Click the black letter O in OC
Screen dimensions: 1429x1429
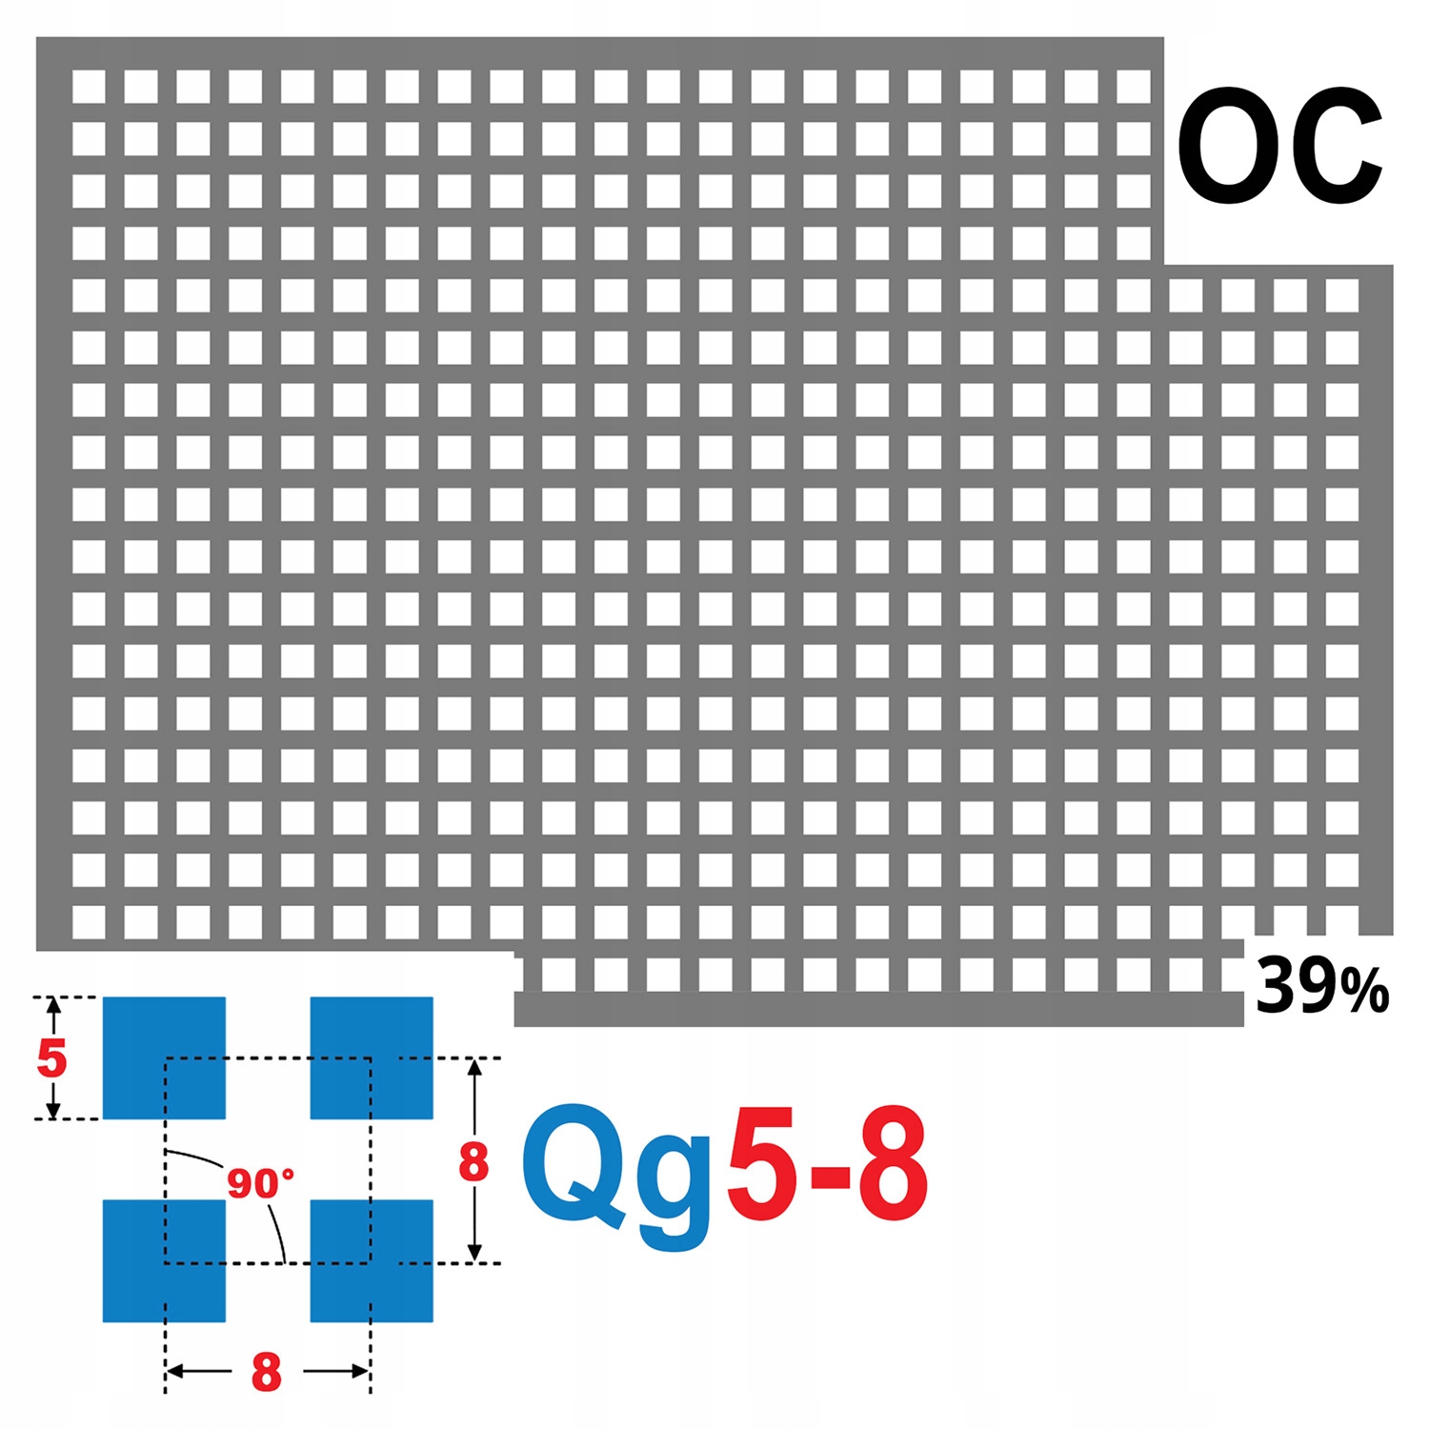point(1228,146)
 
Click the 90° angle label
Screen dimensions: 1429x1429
point(260,1184)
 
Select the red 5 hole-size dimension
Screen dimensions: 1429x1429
point(51,1058)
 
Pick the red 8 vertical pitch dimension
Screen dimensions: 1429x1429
point(473,1162)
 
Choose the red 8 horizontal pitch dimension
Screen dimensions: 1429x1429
point(267,1373)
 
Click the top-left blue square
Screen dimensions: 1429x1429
point(164,1057)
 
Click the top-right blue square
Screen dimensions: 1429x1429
point(372,1057)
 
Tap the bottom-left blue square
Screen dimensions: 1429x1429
point(164,1260)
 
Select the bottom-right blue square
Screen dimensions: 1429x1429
point(372,1260)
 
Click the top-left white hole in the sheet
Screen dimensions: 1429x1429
point(89,87)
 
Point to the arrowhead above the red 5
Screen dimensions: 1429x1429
point(53,1006)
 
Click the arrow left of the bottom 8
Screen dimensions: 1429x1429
point(195,1372)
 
